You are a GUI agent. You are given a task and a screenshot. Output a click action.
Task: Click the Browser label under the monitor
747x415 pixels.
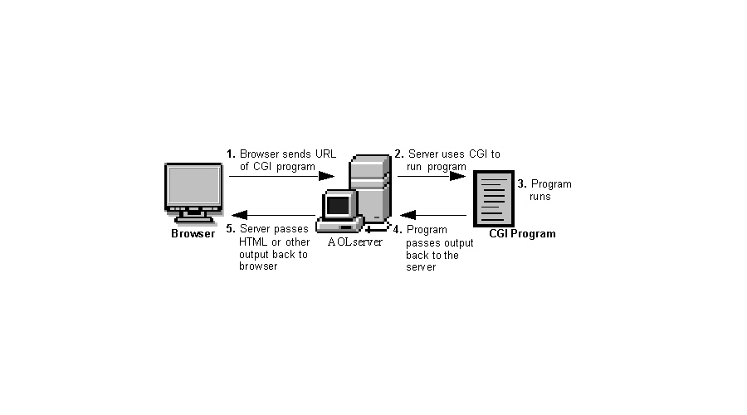pyautogui.click(x=193, y=233)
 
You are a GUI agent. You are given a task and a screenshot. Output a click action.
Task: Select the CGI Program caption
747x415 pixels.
pyautogui.click(x=522, y=234)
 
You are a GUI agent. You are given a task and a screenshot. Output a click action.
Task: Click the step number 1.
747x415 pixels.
pyautogui.click(x=231, y=154)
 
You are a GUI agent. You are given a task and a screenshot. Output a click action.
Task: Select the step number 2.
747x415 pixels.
pyautogui.click(x=398, y=154)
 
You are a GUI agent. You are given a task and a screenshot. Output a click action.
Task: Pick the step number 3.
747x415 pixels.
pyautogui.click(x=521, y=184)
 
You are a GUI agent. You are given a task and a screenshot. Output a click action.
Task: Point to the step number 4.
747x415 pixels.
pyautogui.click(x=398, y=229)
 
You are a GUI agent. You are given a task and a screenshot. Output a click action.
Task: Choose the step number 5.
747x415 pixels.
pyautogui.click(x=231, y=229)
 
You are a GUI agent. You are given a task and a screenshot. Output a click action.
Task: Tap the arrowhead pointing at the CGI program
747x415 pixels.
pyautogui.click(x=458, y=175)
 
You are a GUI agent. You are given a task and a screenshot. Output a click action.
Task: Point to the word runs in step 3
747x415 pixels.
pyautogui.click(x=540, y=197)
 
